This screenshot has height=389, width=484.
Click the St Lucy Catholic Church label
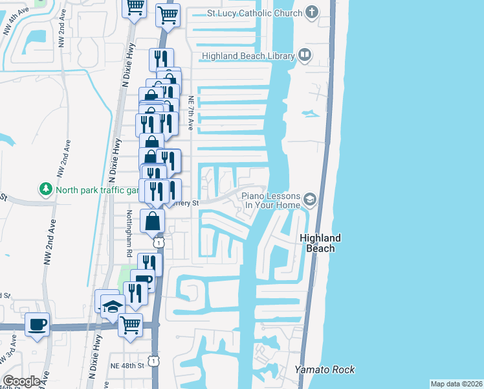tap(254, 13)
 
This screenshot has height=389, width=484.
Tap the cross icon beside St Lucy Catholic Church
tap(312, 12)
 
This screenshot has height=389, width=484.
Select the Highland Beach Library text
tap(248, 56)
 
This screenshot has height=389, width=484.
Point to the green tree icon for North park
tap(46, 190)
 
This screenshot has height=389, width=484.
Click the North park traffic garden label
tap(97, 190)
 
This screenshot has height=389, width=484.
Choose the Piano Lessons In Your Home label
tap(270, 201)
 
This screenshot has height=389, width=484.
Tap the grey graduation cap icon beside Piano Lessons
tap(310, 200)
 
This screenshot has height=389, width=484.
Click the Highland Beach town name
tap(320, 243)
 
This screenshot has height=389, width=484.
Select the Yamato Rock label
tap(325, 370)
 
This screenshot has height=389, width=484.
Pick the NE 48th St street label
tap(126, 366)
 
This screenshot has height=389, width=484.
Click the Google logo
tap(21, 381)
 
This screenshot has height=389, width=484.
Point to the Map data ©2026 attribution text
tap(456, 384)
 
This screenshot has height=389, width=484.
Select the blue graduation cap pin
tap(113, 305)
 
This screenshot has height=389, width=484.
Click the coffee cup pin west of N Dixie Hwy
tap(37, 323)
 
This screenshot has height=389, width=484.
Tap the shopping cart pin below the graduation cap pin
tap(130, 324)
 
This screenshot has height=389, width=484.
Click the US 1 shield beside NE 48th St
tap(153, 358)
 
